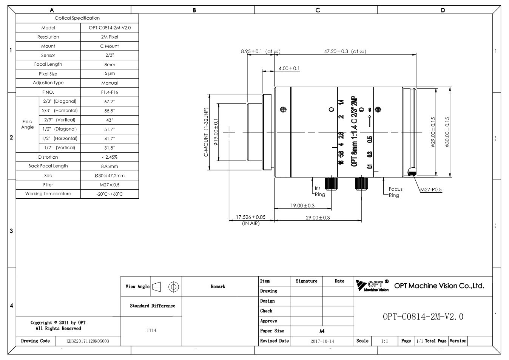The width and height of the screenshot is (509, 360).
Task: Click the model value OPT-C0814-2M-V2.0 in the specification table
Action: point(110,28)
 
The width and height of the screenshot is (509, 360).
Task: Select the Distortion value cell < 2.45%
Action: point(110,157)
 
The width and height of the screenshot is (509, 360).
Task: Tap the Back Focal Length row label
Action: point(48,166)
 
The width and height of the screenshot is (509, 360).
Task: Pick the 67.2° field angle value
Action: point(110,102)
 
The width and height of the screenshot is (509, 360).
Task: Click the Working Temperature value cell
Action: point(110,194)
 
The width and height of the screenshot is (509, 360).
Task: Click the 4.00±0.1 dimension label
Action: point(289,68)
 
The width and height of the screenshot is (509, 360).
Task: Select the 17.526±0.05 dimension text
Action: point(251,217)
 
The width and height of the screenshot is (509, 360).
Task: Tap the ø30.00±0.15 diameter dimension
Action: point(447,132)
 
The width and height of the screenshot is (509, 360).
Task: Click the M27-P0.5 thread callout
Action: point(431,190)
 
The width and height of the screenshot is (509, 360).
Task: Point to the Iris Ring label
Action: point(320,192)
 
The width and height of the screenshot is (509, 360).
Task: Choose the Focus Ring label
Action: point(395,192)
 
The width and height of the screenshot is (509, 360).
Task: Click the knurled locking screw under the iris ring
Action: point(331,184)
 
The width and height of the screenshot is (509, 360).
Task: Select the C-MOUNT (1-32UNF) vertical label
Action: point(206,132)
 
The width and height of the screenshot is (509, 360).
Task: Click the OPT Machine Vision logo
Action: point(372,286)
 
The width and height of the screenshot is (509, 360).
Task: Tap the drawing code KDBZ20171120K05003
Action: point(88,341)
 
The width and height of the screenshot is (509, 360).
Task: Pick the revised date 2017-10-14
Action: point(322,341)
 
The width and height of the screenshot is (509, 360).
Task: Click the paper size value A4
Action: point(322,331)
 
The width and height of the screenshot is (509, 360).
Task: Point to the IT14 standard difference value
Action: point(151,331)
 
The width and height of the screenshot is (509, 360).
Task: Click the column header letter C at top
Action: point(318,10)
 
